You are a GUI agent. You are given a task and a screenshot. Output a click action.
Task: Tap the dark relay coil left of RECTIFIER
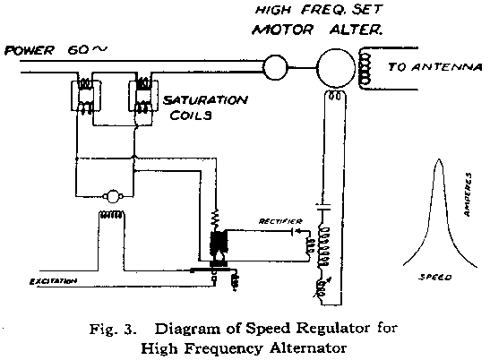coord(216,244)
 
